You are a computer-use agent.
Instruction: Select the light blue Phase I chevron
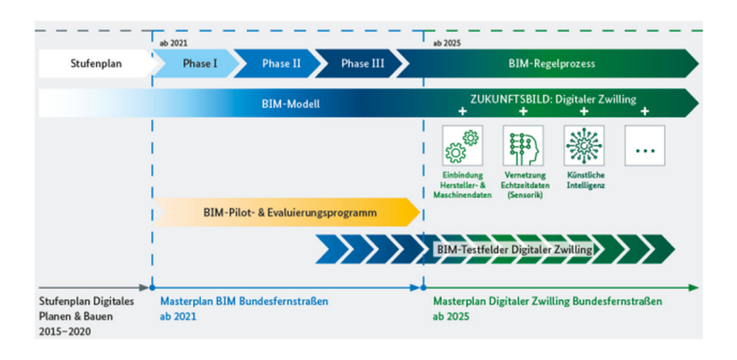[197, 63]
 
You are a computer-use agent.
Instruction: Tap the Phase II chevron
[278, 63]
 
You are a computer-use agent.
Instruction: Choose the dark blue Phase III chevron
[359, 63]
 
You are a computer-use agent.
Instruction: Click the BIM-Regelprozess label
[552, 63]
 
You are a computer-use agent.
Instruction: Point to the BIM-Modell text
[291, 104]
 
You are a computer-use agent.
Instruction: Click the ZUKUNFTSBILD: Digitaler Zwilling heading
[553, 99]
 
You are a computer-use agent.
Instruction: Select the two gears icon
[462, 146]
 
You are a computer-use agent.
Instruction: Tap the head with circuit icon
[523, 146]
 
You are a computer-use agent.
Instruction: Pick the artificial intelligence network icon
[584, 146]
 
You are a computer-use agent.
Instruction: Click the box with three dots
[645, 146]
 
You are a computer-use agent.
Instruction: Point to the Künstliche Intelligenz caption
[586, 180]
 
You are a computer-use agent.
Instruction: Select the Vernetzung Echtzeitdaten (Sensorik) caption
[525, 185]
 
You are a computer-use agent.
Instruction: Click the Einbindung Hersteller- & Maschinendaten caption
[462, 185]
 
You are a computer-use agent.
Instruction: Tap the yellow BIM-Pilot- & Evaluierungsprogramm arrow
[287, 212]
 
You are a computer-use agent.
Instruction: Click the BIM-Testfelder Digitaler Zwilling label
[515, 249]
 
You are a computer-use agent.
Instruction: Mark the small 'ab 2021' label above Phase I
[173, 43]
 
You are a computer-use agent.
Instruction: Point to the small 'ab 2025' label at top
[447, 43]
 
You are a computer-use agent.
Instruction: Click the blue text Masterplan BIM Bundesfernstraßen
[244, 301]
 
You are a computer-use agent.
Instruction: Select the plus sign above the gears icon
[462, 111]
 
